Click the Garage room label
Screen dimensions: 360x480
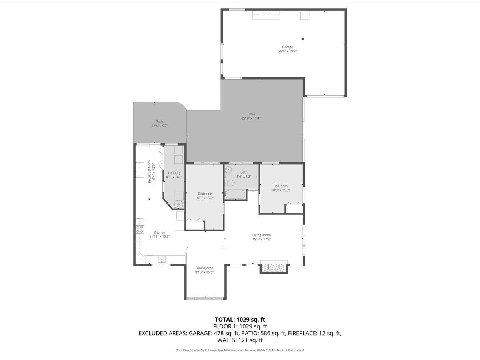click(287, 47)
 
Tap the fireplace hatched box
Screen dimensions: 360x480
click(274, 268)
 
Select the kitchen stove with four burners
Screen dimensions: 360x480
click(140, 229)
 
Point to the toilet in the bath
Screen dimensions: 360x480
click(230, 183)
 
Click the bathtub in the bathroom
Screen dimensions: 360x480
click(235, 195)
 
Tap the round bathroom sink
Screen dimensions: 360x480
click(229, 169)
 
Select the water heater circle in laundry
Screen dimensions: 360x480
click(179, 205)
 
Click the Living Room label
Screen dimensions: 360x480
click(261, 235)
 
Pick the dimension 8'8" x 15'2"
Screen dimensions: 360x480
click(205, 198)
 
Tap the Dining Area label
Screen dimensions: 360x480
click(204, 268)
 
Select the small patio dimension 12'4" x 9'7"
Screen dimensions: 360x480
click(159, 126)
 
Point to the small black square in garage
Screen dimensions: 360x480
click(303, 39)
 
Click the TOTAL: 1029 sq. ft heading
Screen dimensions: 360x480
click(240, 319)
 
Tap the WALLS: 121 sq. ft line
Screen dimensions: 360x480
click(240, 340)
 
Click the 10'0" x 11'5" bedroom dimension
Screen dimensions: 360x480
click(280, 190)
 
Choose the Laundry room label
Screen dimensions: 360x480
click(174, 173)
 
